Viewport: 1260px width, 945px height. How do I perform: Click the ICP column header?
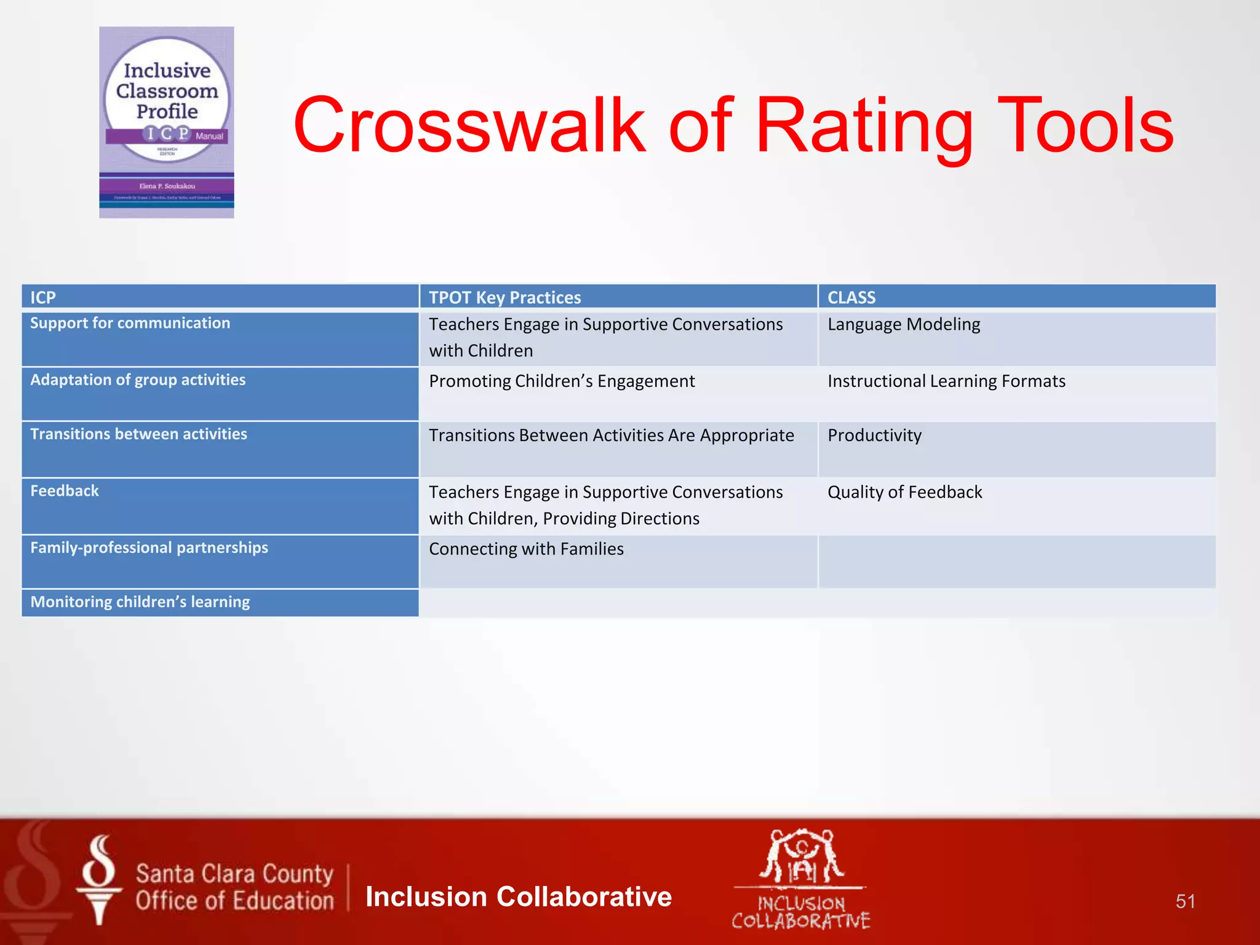click(x=43, y=297)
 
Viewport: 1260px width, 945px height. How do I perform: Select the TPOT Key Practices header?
click(x=504, y=297)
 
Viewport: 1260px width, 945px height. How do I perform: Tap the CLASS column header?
click(x=851, y=297)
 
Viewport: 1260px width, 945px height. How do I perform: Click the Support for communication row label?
click(x=130, y=324)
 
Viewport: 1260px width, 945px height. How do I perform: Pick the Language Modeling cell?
click(x=903, y=325)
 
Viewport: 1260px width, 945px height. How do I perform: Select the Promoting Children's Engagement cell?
click(x=561, y=381)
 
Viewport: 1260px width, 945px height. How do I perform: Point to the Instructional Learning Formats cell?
click(x=946, y=381)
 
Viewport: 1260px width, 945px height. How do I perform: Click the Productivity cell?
click(x=874, y=436)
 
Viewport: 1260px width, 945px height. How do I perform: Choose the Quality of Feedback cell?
click(x=904, y=492)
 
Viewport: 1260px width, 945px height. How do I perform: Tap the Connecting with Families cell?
click(x=526, y=549)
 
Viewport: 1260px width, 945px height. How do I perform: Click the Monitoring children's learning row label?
click(x=140, y=602)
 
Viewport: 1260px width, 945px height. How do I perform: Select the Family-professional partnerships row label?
click(x=149, y=548)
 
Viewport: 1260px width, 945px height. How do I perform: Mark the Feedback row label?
click(x=65, y=491)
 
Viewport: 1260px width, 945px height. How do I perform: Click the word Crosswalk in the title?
click(x=469, y=126)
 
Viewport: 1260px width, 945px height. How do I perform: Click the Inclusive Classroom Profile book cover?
click(x=167, y=122)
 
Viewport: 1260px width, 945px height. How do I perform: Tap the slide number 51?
click(x=1185, y=901)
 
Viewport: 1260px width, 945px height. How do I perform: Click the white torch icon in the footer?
click(x=99, y=880)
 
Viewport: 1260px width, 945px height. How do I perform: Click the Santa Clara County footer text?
click(x=234, y=874)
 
